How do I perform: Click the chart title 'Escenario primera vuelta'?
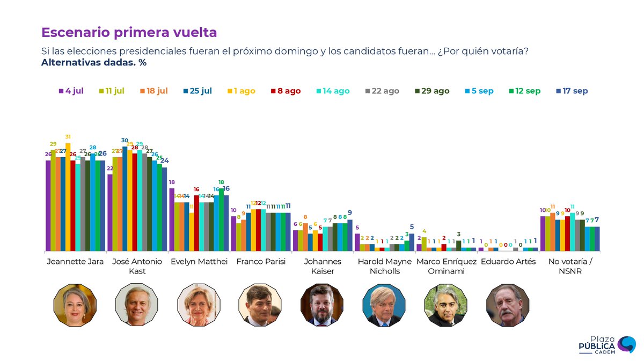[129, 32]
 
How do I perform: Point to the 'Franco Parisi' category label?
[260, 262]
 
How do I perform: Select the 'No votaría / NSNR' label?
[569, 266]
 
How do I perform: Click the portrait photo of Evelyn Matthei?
[199, 305]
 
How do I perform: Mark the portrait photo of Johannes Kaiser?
[322, 305]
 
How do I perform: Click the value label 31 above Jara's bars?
[68, 137]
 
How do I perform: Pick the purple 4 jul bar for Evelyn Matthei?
[172, 219]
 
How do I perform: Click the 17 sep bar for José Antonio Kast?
[165, 209]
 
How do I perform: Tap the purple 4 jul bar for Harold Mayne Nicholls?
[357, 242]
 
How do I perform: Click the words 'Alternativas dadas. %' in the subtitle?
[94, 62]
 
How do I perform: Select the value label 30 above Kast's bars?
[125, 141]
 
